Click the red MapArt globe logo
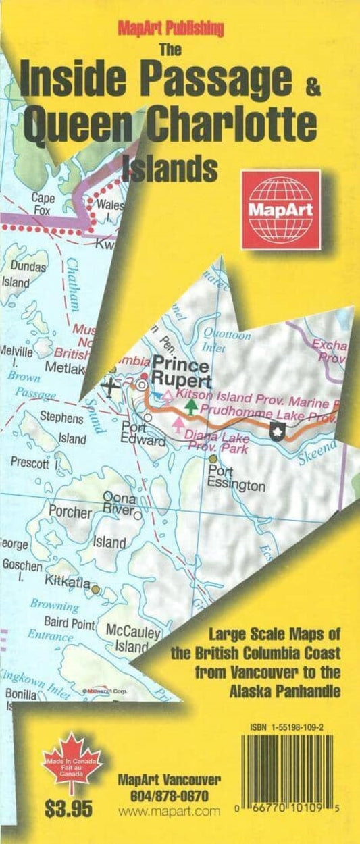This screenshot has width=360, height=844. [281, 209]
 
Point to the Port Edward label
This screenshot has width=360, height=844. [144, 434]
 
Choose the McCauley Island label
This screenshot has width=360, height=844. [132, 639]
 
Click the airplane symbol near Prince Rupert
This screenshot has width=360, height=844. [111, 387]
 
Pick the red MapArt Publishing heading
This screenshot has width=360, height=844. [171, 28]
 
